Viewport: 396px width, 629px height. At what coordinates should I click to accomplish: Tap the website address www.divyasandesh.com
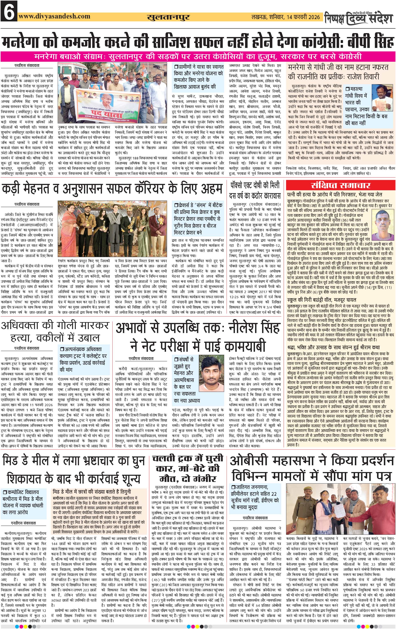(54, 16)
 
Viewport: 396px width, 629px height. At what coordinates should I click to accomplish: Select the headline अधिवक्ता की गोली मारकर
(55, 326)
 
